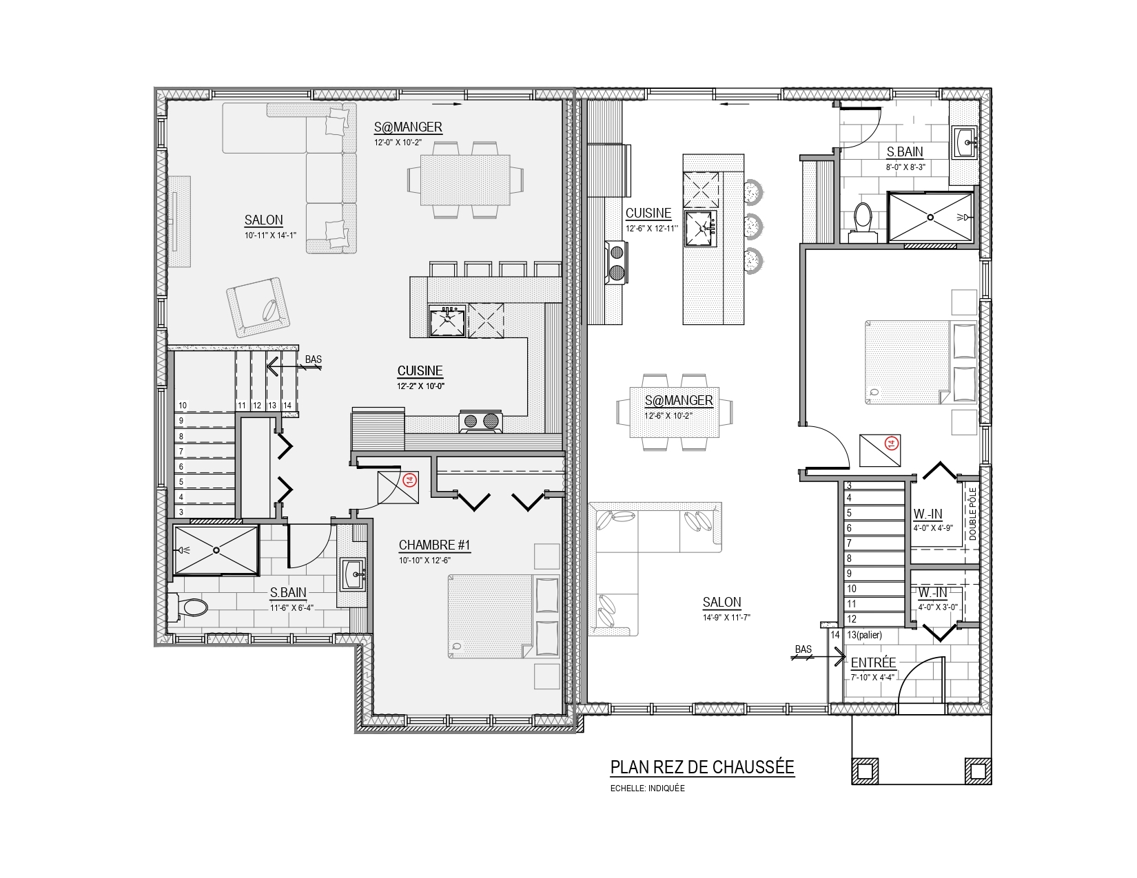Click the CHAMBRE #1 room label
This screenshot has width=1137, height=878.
pos(434,545)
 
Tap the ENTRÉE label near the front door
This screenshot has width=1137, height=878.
pos(873,662)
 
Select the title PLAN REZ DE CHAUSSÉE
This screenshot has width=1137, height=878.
pos(702,767)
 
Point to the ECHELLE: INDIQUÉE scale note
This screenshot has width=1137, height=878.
pos(647,788)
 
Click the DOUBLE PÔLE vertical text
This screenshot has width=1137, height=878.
pos(973,514)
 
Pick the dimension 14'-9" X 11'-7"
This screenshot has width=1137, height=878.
pos(726,617)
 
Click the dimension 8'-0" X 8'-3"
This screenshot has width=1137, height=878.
pos(905,167)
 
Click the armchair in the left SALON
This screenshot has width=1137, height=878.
pos(258,307)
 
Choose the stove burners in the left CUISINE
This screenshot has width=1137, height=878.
pos(481,421)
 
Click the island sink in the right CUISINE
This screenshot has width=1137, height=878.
pos(701,228)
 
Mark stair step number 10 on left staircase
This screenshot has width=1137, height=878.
pos(183,406)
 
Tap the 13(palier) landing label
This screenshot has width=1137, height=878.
pos(864,635)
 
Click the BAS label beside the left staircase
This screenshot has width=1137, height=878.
pos(314,359)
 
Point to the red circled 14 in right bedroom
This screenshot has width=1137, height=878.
pos(891,444)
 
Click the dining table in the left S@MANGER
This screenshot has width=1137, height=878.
pos(466,180)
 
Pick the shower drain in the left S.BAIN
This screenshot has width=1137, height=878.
pos(216,550)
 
